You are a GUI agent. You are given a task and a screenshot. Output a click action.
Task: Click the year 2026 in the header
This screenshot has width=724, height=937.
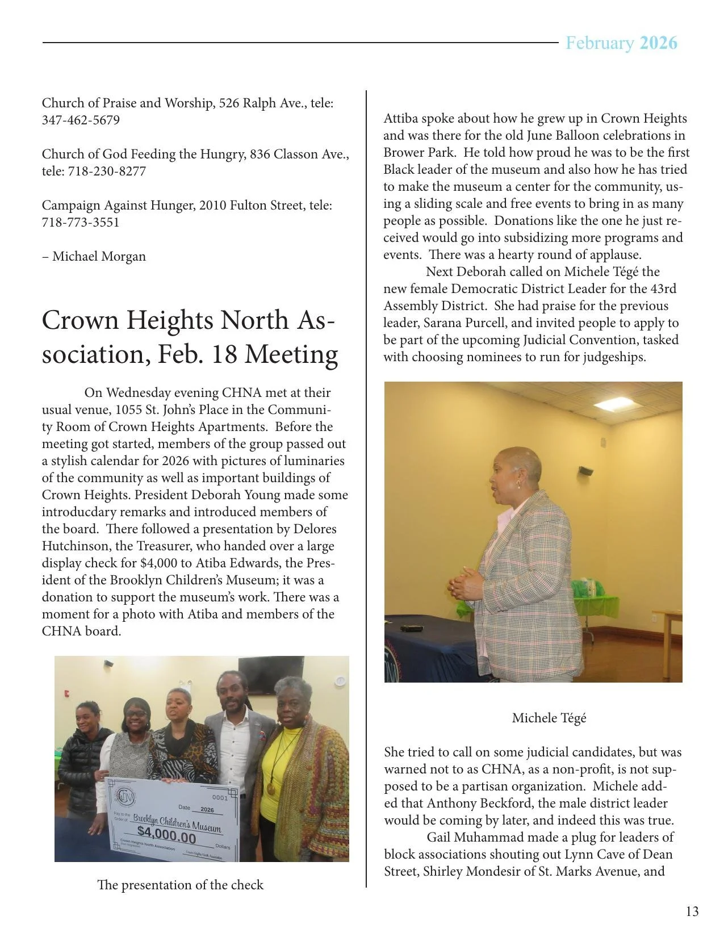[x=658, y=43]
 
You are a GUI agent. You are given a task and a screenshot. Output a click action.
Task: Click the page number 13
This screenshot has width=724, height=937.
[x=692, y=911]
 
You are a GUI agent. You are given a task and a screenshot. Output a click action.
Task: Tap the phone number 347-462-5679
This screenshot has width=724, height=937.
[x=81, y=120]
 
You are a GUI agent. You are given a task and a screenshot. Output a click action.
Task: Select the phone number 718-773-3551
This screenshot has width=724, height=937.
[x=81, y=223]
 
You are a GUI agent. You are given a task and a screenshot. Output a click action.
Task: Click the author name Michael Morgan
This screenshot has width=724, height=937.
[x=99, y=257]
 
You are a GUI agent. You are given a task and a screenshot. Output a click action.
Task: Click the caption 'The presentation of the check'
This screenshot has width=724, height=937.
[x=180, y=885]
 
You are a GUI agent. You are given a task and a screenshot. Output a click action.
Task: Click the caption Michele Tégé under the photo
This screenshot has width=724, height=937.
[x=549, y=718]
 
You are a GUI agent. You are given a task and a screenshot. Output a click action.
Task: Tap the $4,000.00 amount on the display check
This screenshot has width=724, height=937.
[x=166, y=838]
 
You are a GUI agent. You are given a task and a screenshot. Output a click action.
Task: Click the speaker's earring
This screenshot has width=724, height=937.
[x=517, y=484]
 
